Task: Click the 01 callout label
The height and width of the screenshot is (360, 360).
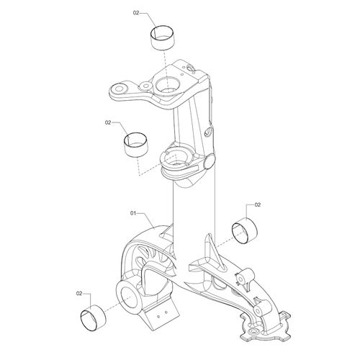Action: pos(133,213)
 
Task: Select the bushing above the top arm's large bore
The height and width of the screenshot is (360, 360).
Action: pos(162,37)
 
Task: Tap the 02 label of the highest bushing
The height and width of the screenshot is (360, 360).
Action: pos(136,13)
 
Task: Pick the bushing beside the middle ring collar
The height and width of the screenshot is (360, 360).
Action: pos(136,144)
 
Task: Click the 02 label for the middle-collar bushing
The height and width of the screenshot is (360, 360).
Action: pos(108,122)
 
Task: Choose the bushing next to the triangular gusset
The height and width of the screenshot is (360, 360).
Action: pos(245,230)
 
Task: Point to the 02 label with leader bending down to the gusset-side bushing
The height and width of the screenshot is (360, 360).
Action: pos(257,204)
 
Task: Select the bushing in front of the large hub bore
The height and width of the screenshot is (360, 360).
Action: pos(94,318)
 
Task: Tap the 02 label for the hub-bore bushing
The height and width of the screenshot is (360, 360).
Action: pos(79,293)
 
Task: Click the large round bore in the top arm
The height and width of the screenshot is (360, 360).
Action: pos(168,85)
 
